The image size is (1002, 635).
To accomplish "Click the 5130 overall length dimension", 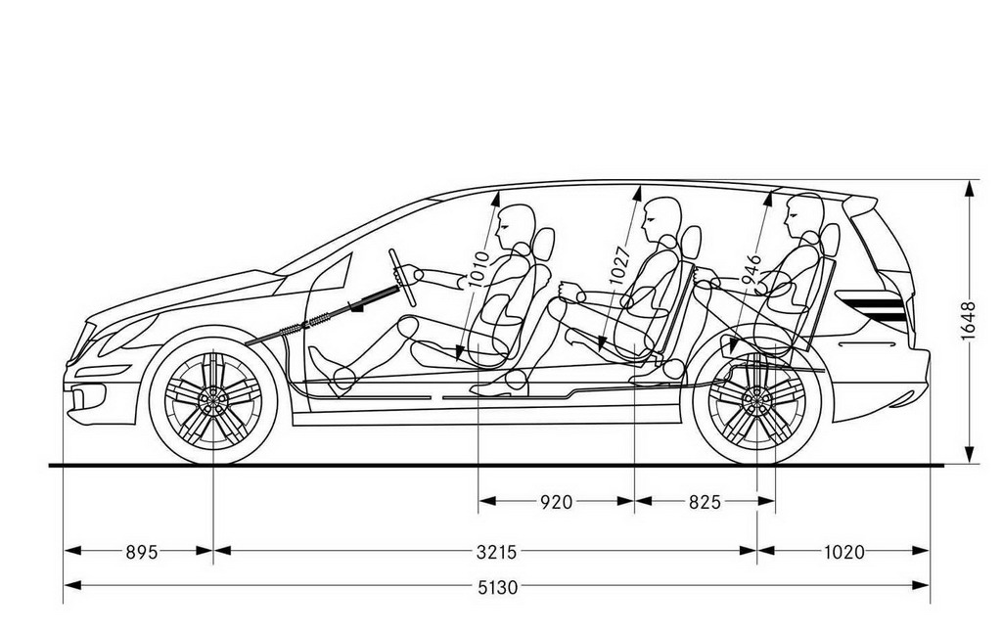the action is (498, 586).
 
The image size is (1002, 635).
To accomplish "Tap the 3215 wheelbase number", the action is (496, 551).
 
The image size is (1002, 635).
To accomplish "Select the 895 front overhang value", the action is (141, 551).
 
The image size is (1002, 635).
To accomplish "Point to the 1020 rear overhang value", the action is (843, 551).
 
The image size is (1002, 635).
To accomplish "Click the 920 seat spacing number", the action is (556, 502).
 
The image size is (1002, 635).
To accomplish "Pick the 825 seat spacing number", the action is (705, 502).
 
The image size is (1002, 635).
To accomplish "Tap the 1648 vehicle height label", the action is (968, 321).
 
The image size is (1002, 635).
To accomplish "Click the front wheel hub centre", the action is (212, 400).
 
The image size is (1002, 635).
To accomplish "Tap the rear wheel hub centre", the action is (756, 400).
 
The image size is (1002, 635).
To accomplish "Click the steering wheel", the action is (402, 278).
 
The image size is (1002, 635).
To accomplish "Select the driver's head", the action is (517, 227).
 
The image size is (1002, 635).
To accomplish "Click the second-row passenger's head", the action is (661, 218).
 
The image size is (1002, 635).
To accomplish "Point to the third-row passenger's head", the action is (804, 214).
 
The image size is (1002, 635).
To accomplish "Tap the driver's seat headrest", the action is (544, 245).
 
